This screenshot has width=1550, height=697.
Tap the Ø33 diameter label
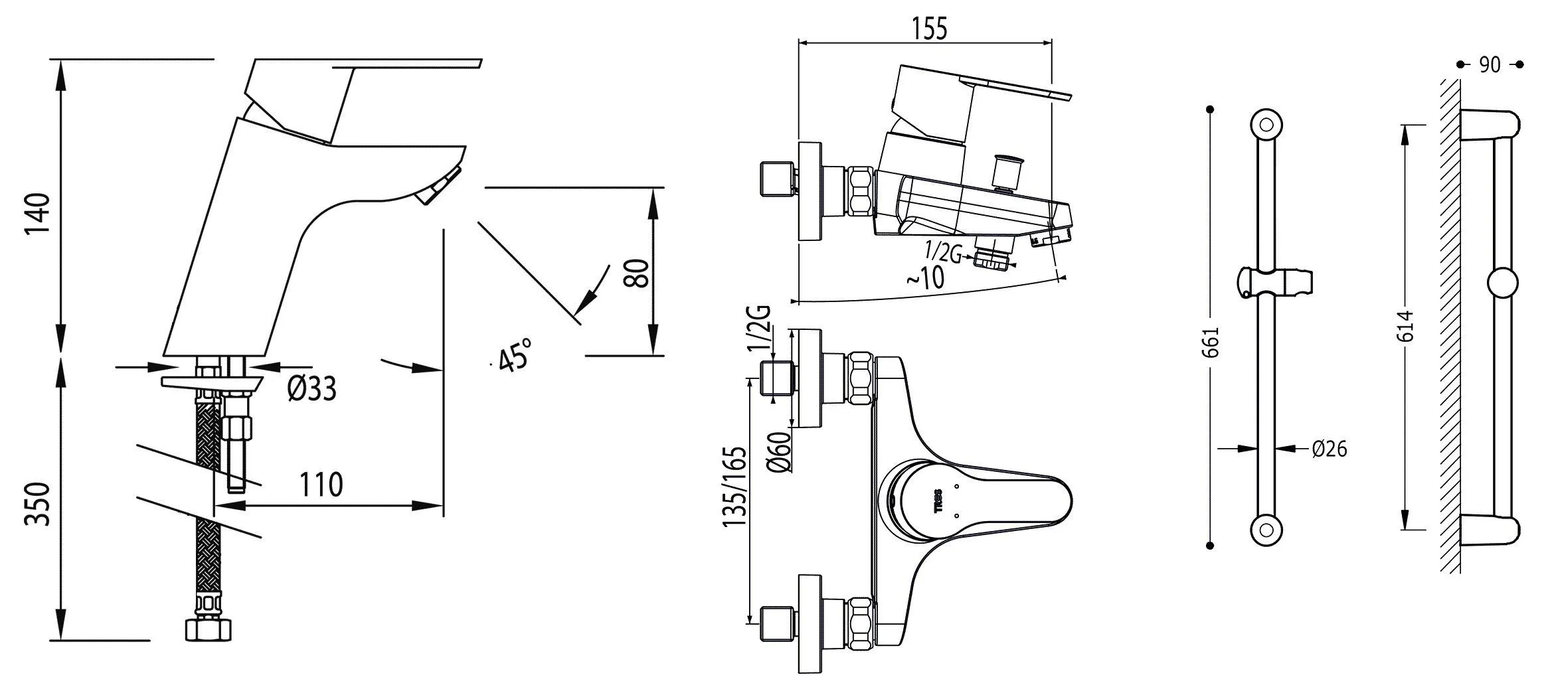click(x=312, y=389)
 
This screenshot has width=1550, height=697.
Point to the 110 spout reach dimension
click(x=321, y=485)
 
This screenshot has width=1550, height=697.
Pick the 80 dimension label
click(x=637, y=272)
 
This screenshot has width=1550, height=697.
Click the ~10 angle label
click(x=925, y=277)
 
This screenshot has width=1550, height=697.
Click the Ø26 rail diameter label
click(x=1330, y=449)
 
